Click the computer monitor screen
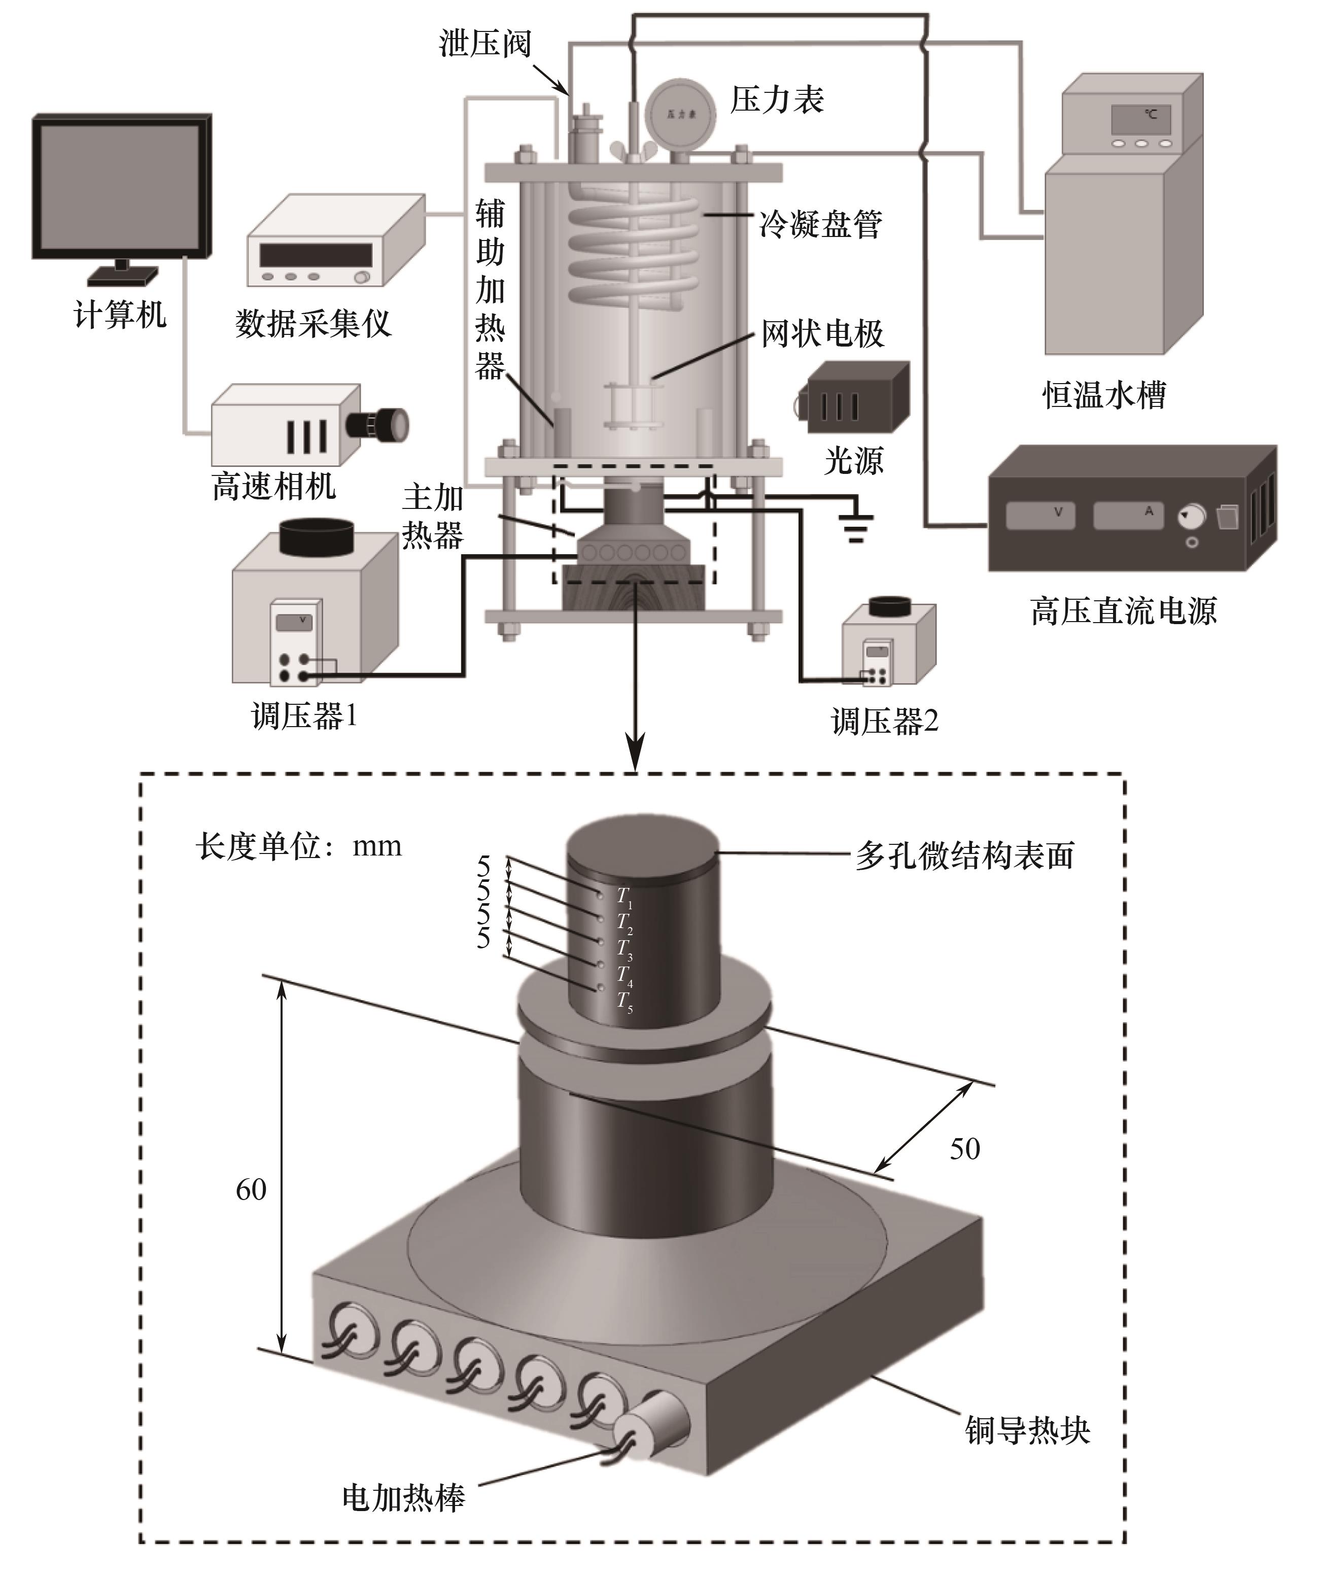[x=120, y=186]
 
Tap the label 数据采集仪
[x=313, y=324]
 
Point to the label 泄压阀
[x=485, y=44]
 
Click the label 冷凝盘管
[x=820, y=223]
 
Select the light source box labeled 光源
[x=856, y=397]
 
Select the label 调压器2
[x=884, y=722]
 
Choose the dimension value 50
[x=964, y=1149]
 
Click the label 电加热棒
[x=403, y=1497]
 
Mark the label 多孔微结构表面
[x=964, y=855]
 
